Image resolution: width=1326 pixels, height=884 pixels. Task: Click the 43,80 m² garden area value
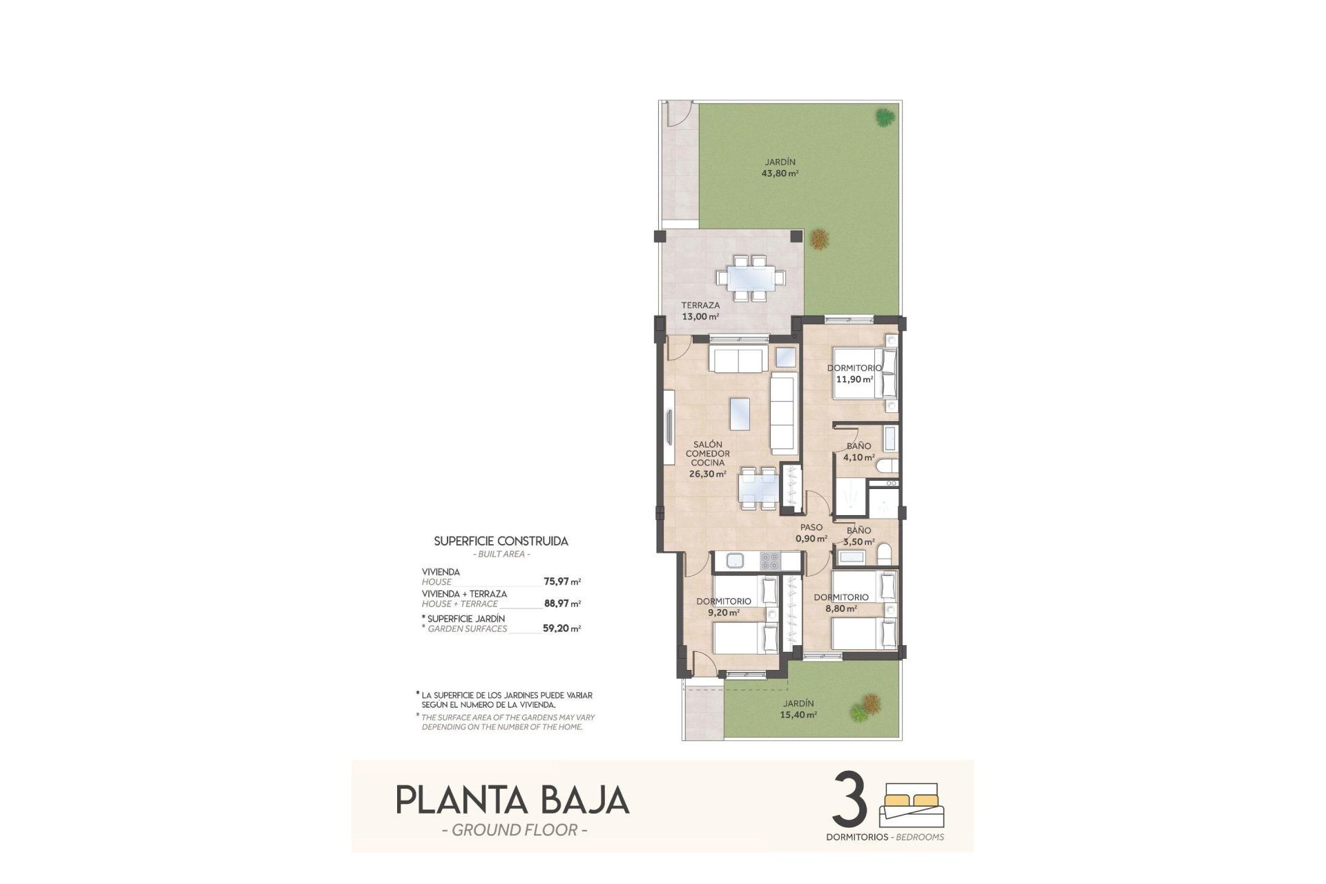click(780, 174)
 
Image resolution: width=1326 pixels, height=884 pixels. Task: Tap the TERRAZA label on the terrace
click(700, 305)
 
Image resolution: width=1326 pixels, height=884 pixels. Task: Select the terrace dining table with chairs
click(751, 278)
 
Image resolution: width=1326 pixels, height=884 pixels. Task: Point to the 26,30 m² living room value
click(707, 474)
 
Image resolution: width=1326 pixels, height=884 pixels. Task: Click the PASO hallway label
click(811, 528)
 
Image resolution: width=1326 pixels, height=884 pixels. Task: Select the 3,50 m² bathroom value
click(860, 542)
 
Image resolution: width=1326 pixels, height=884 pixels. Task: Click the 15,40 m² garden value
click(798, 715)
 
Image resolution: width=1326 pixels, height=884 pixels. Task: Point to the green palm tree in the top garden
click(883, 117)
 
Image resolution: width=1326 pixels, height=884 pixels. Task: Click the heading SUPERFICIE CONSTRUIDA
click(501, 541)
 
